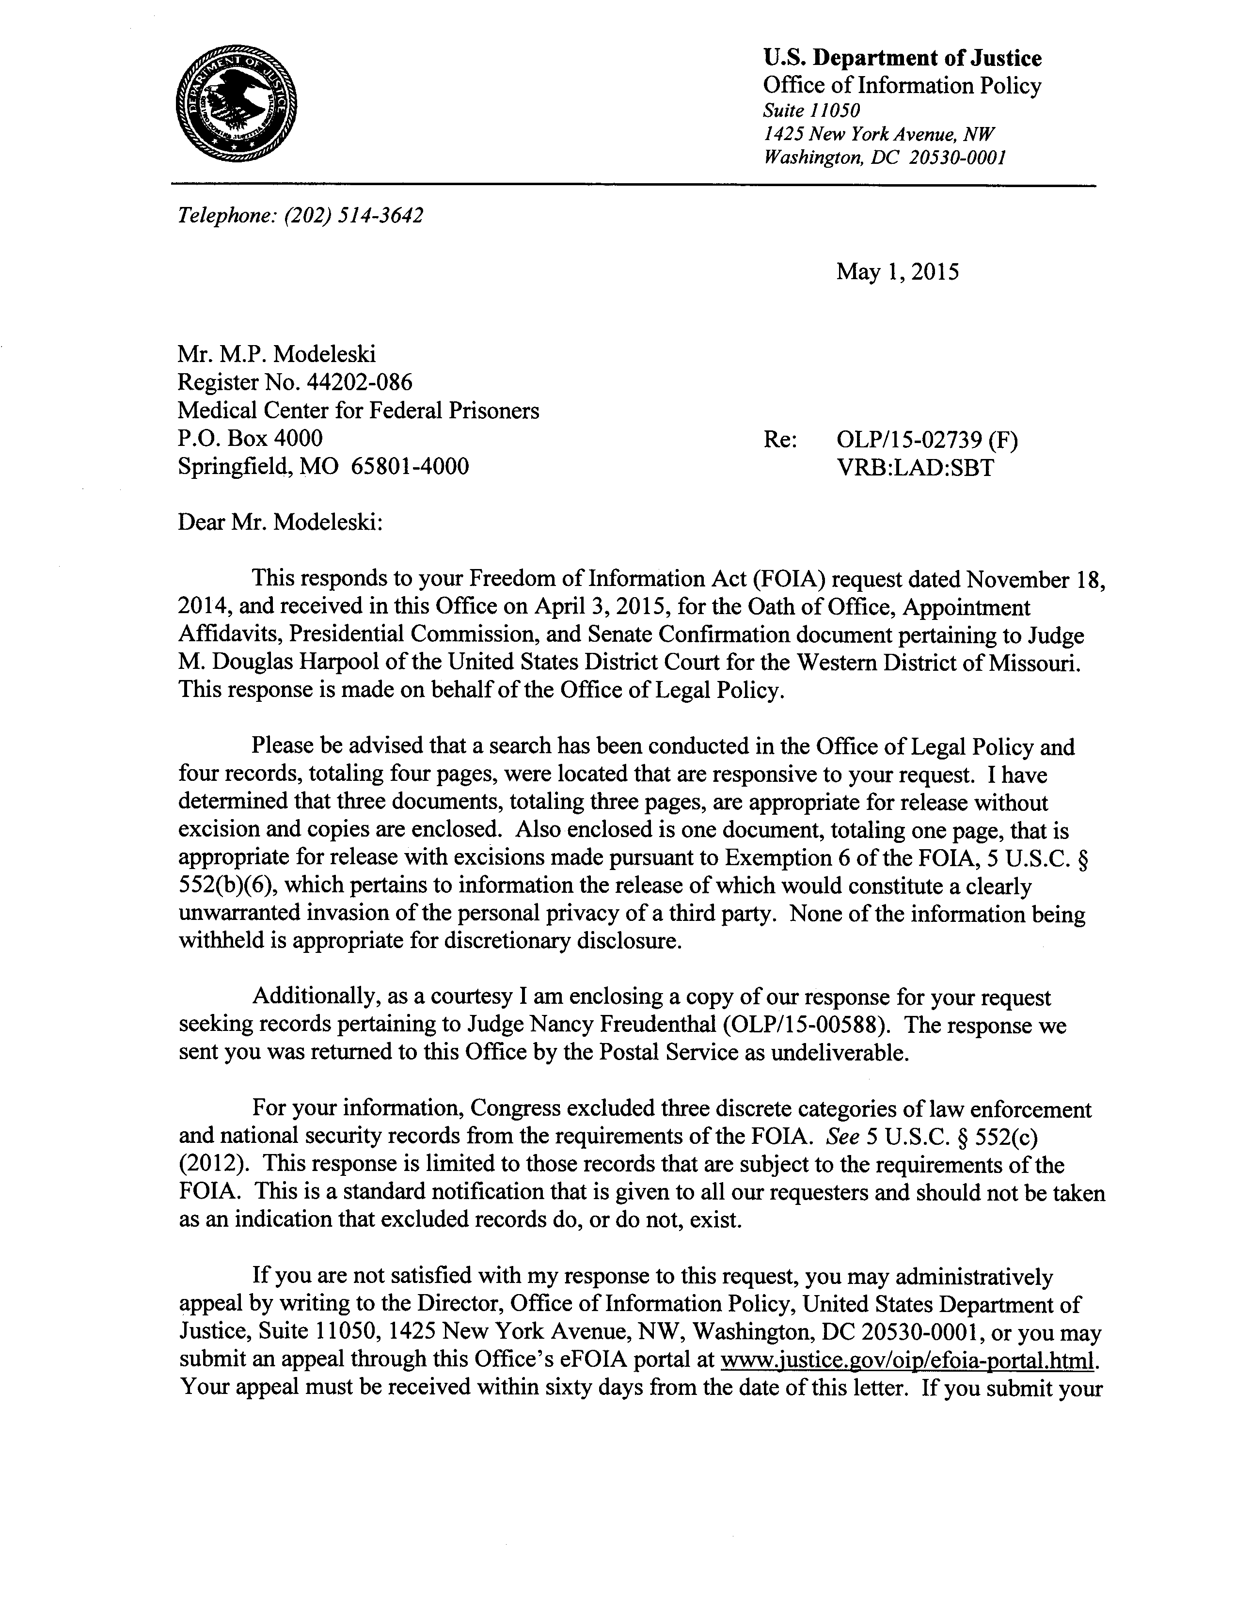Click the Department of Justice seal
237,104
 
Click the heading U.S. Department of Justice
903,58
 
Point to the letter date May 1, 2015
897,272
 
